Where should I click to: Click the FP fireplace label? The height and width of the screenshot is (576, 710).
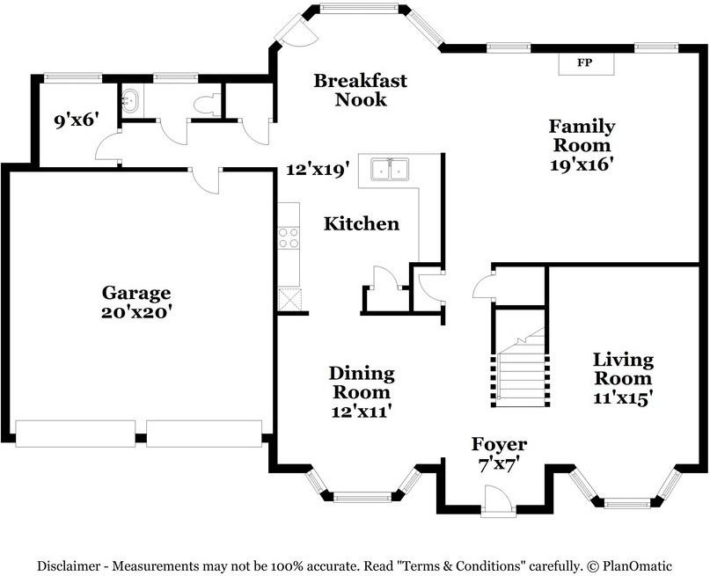tap(584, 63)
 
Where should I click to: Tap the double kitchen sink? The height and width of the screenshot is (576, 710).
tap(390, 170)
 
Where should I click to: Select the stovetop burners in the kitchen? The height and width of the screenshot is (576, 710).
tap(289, 238)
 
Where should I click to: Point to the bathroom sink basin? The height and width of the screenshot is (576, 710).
tap(131, 100)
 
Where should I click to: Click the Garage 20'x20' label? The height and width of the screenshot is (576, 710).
tap(135, 303)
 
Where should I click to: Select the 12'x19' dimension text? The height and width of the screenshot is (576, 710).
tap(318, 170)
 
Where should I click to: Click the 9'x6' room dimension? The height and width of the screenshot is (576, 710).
tap(77, 120)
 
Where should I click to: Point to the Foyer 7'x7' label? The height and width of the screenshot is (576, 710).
tap(499, 454)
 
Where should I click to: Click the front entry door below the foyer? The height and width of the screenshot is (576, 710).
tap(498, 501)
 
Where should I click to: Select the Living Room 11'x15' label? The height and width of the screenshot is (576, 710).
tap(623, 378)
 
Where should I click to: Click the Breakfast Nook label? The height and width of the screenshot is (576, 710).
tap(361, 90)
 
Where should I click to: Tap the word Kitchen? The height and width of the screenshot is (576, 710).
tap(362, 223)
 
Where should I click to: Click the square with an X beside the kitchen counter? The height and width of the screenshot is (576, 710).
tap(289, 299)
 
